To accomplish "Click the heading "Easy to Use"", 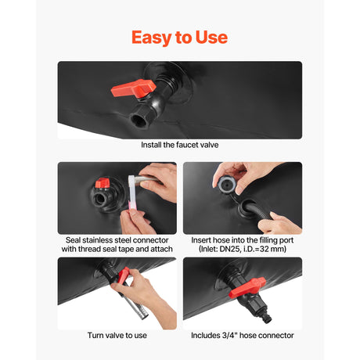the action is click(179, 38).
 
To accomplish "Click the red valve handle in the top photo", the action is click(133, 88).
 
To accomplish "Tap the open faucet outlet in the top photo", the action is click(139, 120).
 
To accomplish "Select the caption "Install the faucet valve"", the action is click(180, 145).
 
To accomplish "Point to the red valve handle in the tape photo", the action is click(102, 183).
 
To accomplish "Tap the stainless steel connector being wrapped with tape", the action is click(147, 180).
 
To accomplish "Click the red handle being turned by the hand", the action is click(123, 275).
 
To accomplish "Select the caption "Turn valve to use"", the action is click(117, 335).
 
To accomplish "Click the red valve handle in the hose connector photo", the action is click(247, 288).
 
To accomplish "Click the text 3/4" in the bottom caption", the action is click(229, 335).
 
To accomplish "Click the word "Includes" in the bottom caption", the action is click(205, 335).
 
